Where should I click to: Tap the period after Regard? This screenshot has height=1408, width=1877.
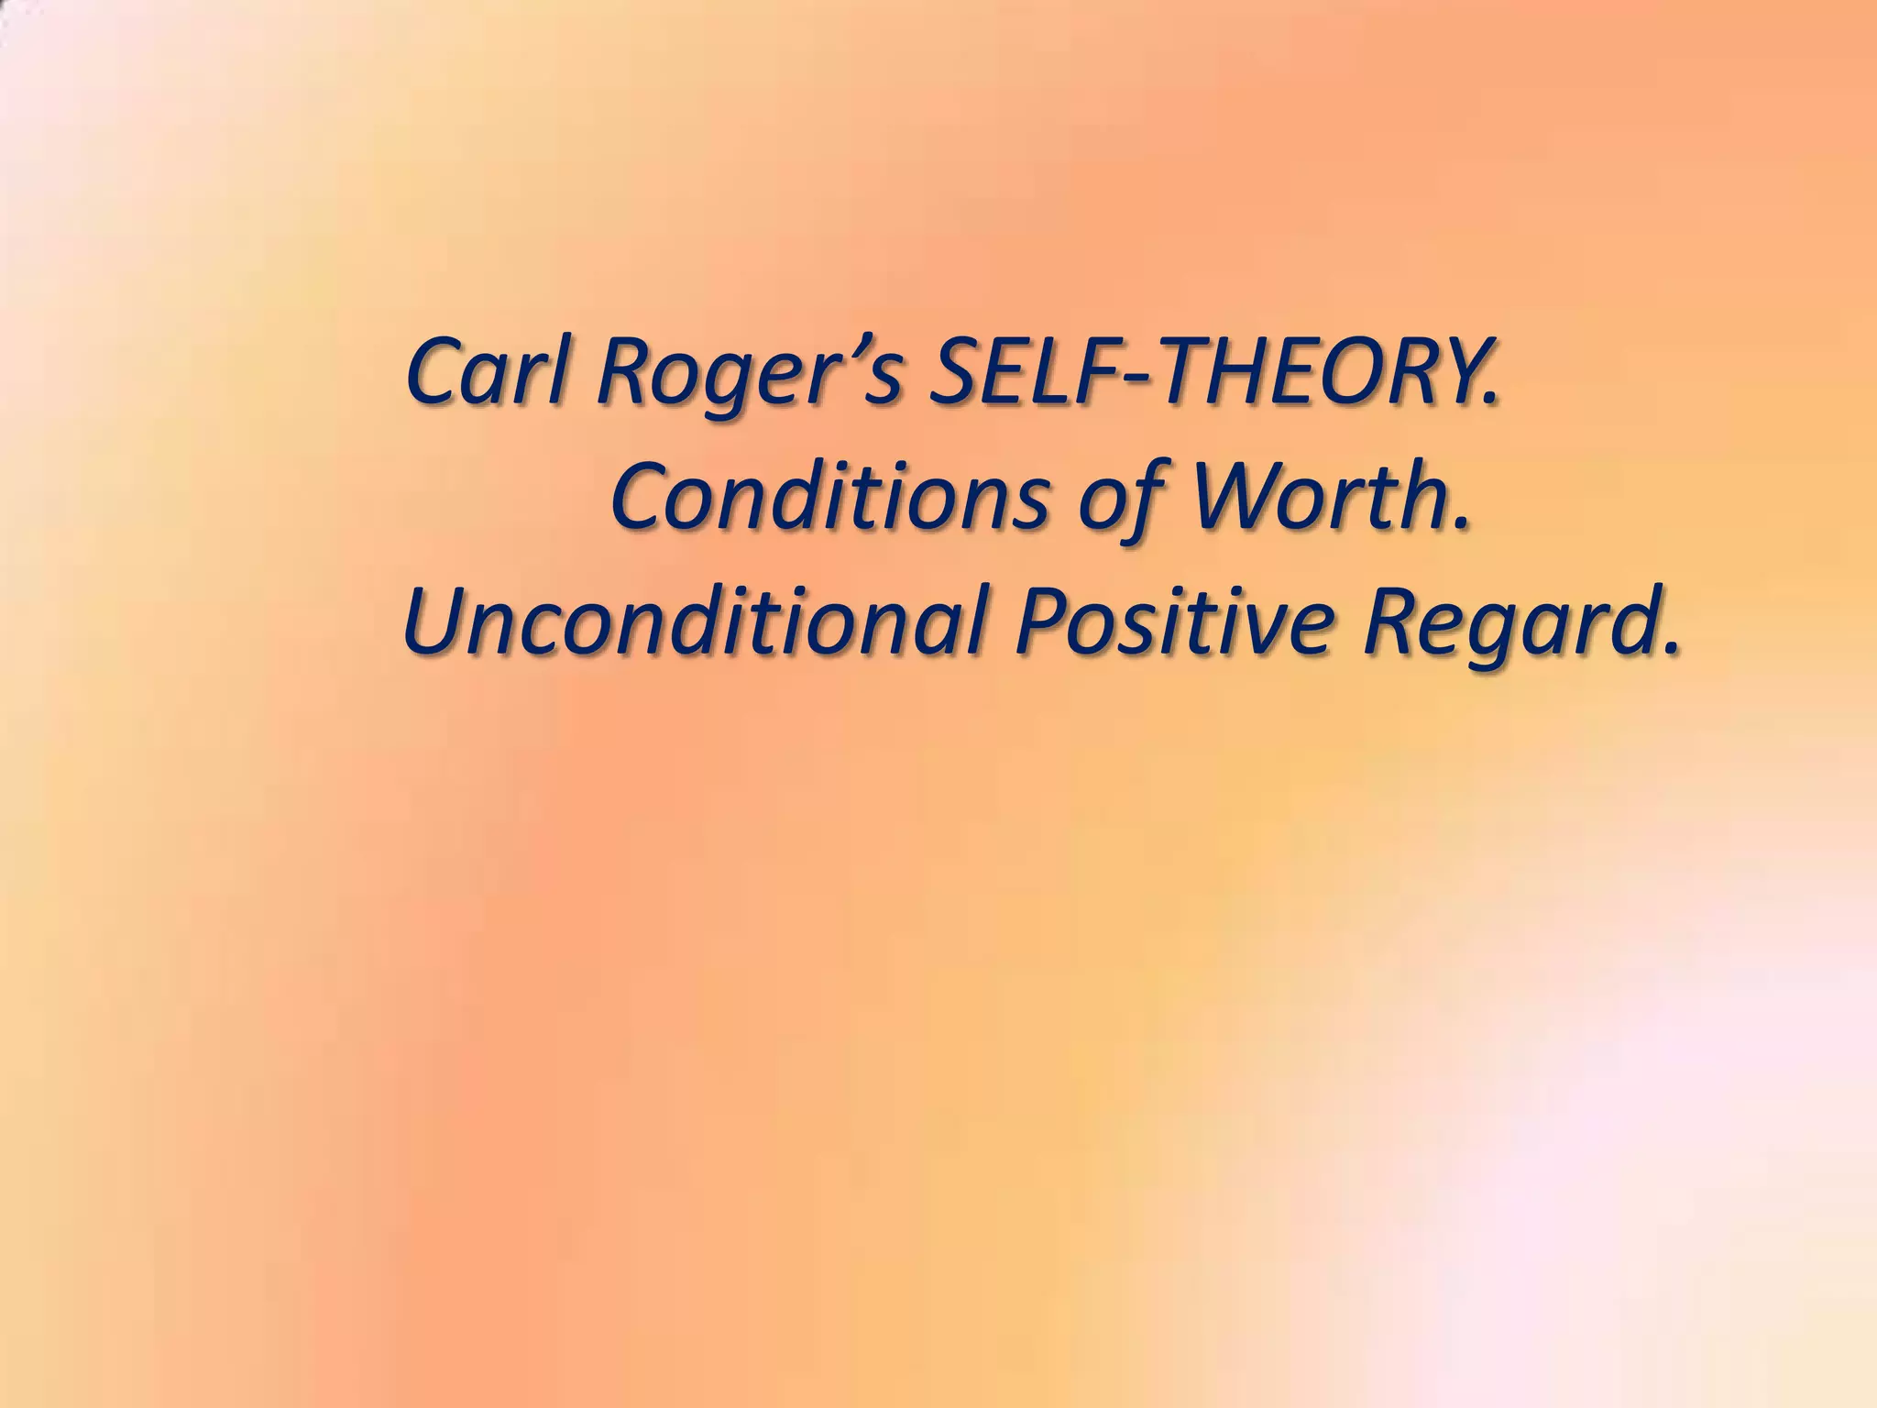coord(1673,649)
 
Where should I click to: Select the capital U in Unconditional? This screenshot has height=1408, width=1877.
coord(436,626)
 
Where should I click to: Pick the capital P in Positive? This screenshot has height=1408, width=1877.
coord(1040,626)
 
